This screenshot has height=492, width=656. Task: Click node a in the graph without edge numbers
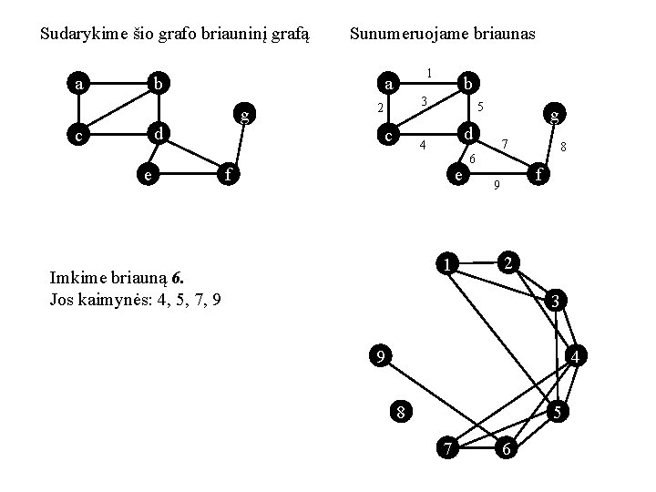[80, 85]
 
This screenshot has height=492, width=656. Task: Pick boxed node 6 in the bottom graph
[508, 449]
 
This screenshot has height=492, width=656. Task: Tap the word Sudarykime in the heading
[83, 35]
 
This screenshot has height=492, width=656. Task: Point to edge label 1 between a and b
[428, 72]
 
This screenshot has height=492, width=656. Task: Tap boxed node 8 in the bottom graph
[400, 412]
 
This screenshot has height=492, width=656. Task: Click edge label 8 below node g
[566, 146]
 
